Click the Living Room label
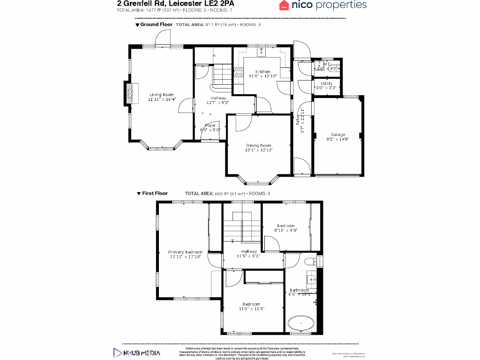click(x=161, y=95)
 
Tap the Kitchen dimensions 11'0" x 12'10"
click(x=262, y=76)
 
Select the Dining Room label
click(x=259, y=145)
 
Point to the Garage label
click(x=338, y=135)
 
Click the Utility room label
click(x=327, y=83)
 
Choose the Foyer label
click(x=210, y=125)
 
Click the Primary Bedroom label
click(x=185, y=252)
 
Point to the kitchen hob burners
click(x=238, y=72)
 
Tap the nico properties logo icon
click(x=284, y=6)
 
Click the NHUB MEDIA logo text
click(x=142, y=352)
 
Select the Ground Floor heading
click(x=157, y=24)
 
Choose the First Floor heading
click(x=155, y=193)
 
